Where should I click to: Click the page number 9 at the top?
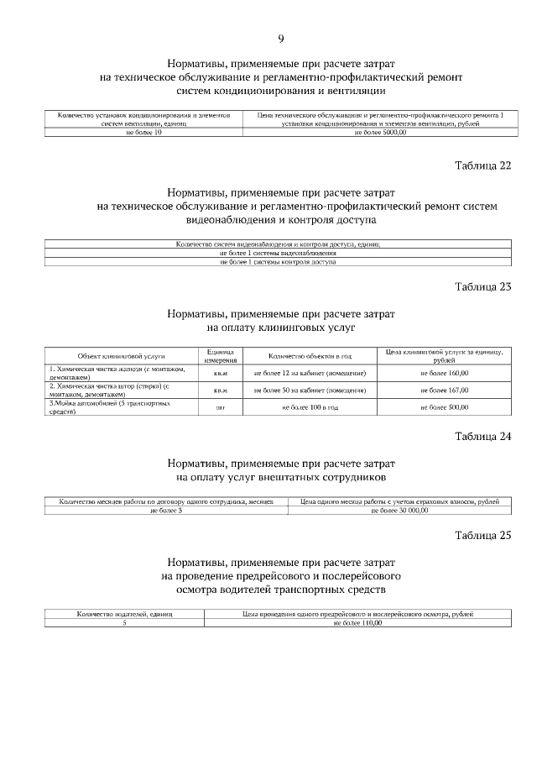[281, 38]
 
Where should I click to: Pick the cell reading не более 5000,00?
[380, 133]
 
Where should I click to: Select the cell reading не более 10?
[143, 133]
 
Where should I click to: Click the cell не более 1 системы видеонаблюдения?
[278, 253]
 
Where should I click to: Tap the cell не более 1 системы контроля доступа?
[278, 262]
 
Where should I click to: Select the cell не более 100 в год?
[310, 407]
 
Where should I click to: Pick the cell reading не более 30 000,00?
[399, 510]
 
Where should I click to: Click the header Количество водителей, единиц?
[124, 614]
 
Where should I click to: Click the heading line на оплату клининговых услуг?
[280, 328]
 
